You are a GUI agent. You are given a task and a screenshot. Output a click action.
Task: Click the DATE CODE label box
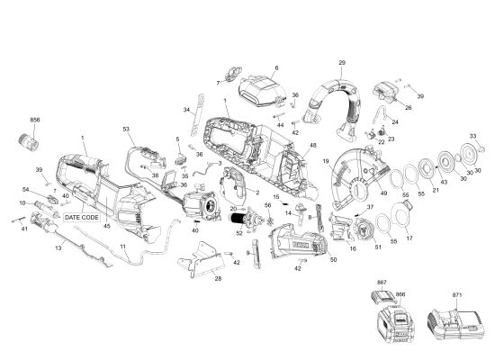82,218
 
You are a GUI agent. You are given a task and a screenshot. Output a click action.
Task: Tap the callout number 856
35,120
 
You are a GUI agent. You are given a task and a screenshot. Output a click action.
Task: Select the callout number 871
457,295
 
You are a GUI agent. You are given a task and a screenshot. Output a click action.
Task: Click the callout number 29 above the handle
342,62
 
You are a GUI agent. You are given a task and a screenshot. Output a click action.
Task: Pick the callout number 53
127,130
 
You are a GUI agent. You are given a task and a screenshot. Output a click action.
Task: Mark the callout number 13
58,247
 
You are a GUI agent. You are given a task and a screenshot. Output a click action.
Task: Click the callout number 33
472,135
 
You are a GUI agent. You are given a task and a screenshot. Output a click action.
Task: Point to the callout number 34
186,110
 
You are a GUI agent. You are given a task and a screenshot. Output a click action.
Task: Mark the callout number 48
313,146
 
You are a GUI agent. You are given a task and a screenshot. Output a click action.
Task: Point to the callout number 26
408,108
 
